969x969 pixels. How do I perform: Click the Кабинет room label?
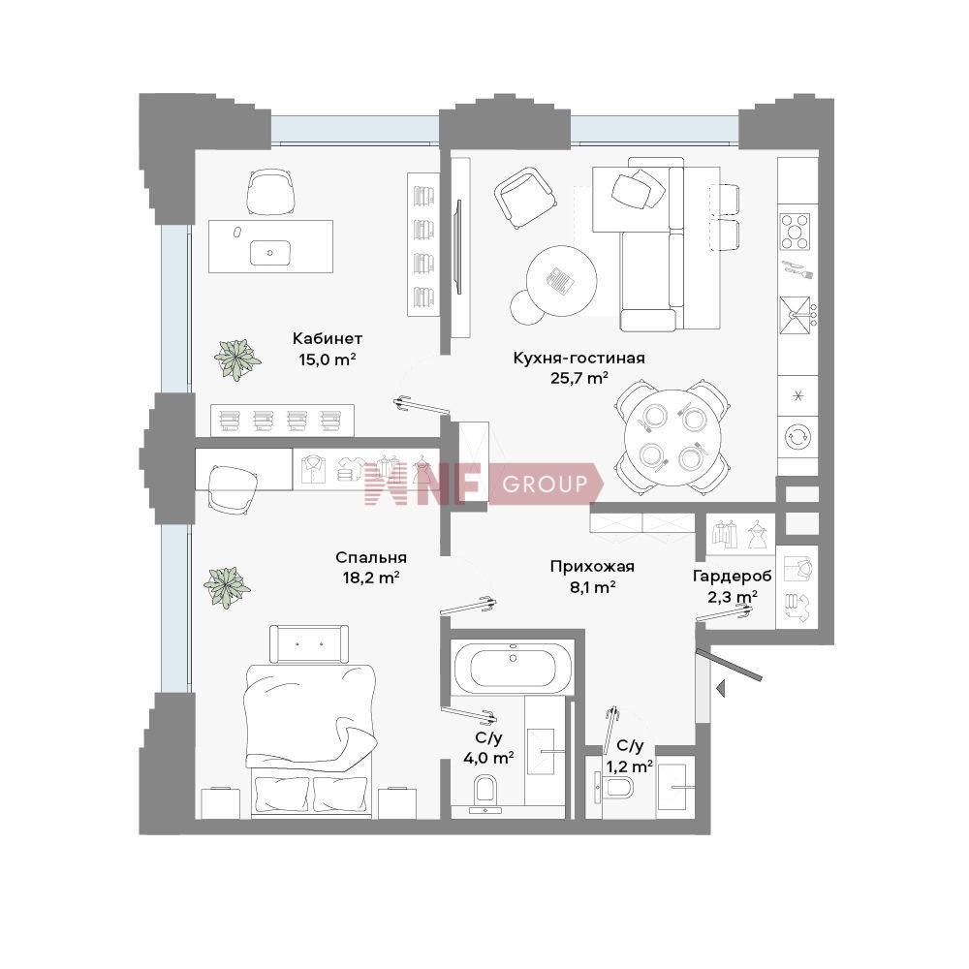tap(327, 338)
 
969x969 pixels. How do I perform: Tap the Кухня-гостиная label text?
tap(579, 358)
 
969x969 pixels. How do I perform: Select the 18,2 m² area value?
tap(371, 578)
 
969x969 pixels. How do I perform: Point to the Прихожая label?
tap(592, 567)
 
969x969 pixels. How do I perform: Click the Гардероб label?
tap(733, 576)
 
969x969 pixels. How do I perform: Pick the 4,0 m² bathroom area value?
tap(488, 757)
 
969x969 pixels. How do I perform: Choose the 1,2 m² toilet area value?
tap(629, 766)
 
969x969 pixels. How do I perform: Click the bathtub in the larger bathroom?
tap(513, 667)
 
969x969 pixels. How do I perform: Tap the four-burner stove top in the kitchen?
tap(796, 232)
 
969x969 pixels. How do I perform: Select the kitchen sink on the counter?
tap(795, 315)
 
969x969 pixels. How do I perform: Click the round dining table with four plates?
tap(672, 436)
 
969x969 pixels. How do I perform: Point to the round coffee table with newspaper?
tap(561, 281)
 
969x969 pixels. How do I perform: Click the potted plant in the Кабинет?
tap(236, 359)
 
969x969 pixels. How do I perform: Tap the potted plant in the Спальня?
tap(227, 586)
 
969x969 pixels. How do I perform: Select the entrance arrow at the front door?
tap(720, 688)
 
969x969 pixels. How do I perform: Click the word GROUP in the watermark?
tap(545, 484)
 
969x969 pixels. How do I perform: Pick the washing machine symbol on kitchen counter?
tap(797, 436)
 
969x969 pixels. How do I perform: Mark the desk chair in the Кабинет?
tap(269, 191)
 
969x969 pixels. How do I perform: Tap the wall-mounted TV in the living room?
tap(458, 246)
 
